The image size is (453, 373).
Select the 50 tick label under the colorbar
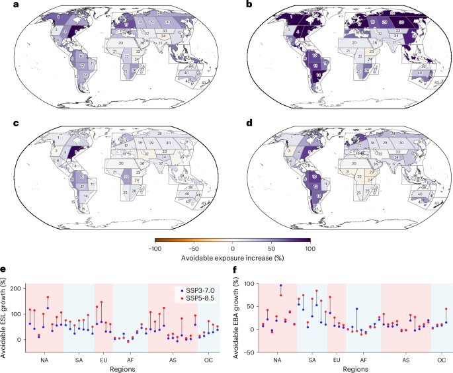[271, 248]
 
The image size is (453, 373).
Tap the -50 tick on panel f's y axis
[248, 352]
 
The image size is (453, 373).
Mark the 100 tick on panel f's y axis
[247, 284]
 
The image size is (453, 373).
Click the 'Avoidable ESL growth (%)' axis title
[5, 317]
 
